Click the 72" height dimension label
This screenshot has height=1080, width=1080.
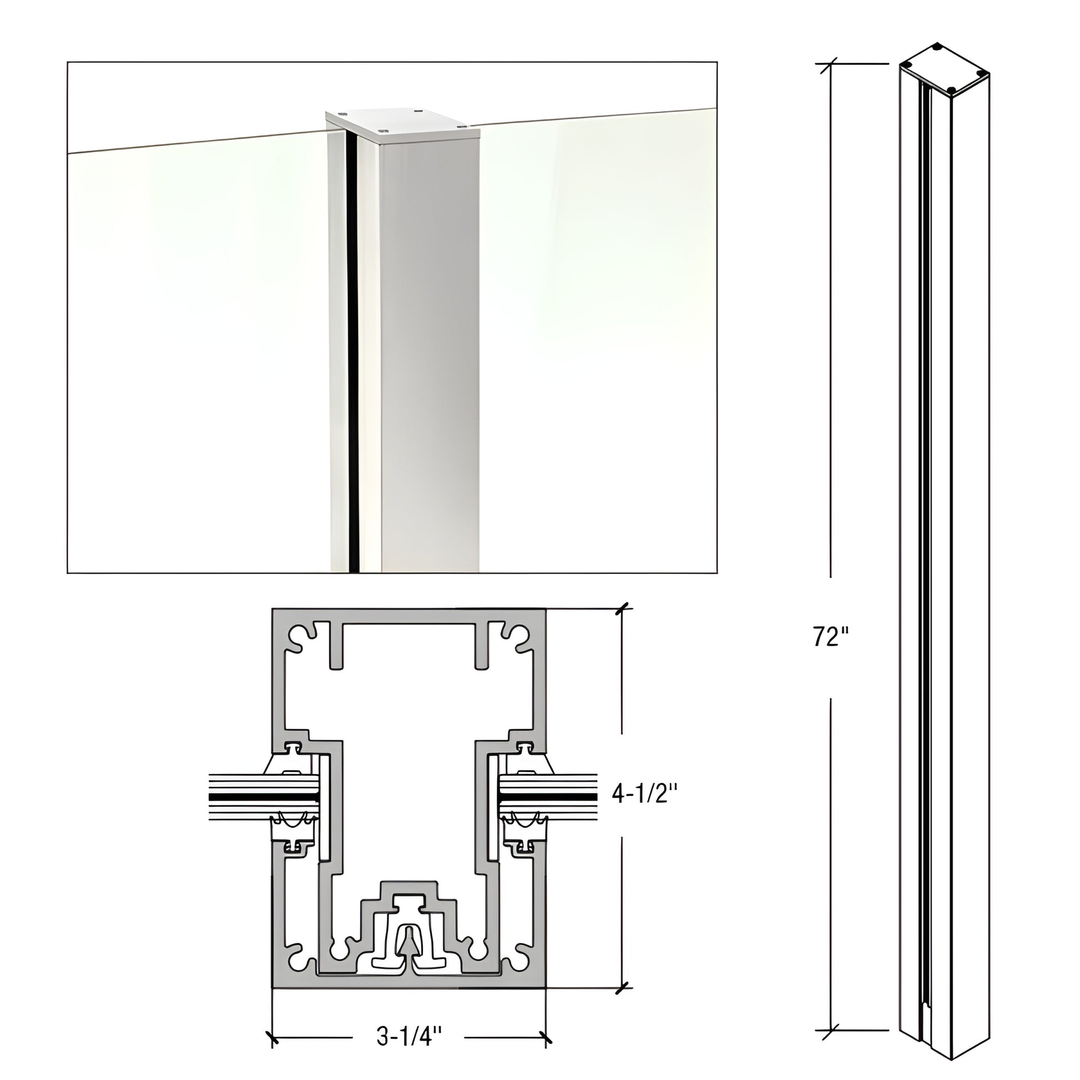pos(831,637)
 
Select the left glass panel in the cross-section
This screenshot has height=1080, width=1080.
pos(264,795)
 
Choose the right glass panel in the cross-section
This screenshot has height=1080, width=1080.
pos(548,795)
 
